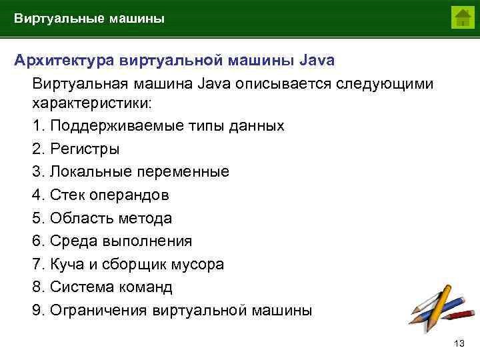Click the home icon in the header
coord(462,17)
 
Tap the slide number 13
coord(458,343)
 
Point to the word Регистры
coord(85,149)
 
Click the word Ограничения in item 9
coord(99,311)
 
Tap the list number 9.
coord(37,311)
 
